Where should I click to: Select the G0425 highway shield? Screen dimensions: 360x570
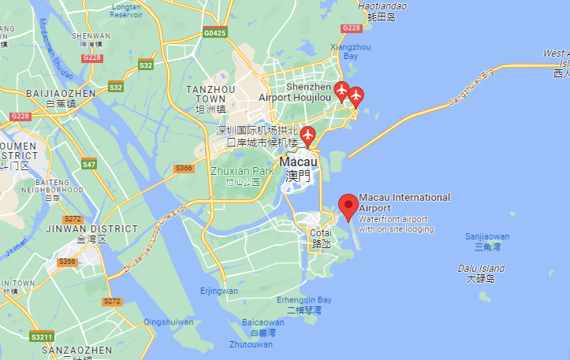point(214,33)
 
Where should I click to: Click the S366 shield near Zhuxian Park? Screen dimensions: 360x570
point(184,168)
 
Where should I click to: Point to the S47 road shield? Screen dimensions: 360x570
point(88,165)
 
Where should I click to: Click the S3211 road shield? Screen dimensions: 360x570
point(42,337)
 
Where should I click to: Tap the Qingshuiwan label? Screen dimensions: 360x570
point(168,321)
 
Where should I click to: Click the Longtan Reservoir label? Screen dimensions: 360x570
point(126,9)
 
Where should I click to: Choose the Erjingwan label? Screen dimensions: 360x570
point(219,291)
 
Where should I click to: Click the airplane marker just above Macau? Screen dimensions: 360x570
point(308,135)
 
